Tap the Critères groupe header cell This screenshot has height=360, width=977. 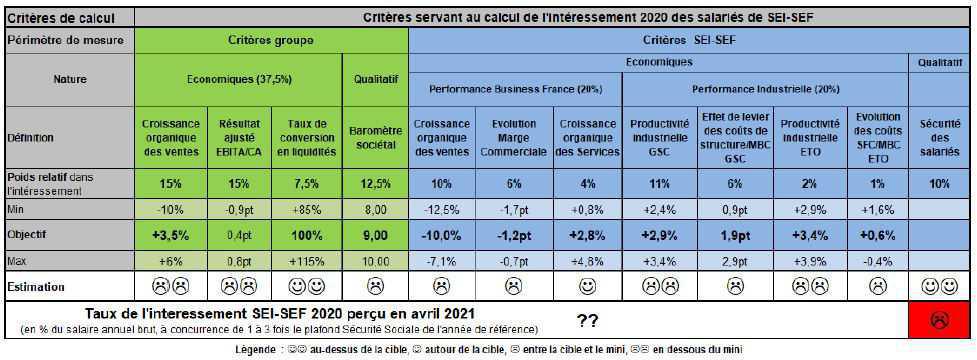point(271,40)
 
